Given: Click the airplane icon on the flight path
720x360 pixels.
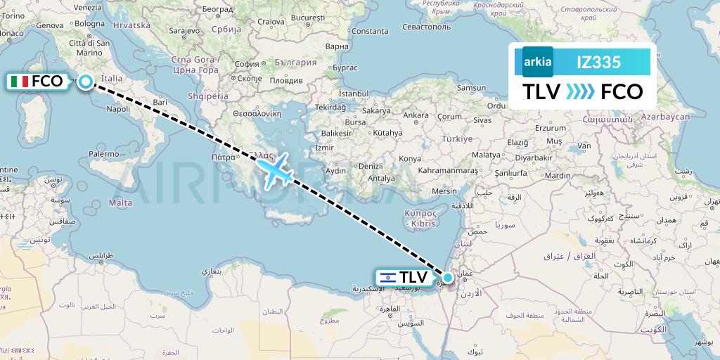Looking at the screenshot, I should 274,170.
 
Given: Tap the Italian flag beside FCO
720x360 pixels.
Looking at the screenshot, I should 20,82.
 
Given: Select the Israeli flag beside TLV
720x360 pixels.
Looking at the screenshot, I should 387,277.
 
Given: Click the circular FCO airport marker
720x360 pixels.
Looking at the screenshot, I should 85,82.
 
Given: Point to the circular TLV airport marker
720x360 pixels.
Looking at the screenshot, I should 447,277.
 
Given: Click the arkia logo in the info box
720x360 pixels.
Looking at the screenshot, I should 537,62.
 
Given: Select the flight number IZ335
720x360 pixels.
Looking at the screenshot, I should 598,62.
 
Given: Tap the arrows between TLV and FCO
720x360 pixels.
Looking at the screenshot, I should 580,92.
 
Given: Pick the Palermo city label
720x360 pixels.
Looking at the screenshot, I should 103,153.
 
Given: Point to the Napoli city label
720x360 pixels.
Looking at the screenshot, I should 118,109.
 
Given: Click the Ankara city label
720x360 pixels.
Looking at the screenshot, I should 416,115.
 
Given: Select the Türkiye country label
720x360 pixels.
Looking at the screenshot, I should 457,139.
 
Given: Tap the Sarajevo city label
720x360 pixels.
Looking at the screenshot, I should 185,31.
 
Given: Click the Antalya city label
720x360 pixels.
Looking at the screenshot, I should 382,179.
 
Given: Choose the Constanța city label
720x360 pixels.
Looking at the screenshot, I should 370,31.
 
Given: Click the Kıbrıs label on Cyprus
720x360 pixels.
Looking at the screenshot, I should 423,223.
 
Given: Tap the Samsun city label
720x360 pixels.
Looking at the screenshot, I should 471,89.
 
